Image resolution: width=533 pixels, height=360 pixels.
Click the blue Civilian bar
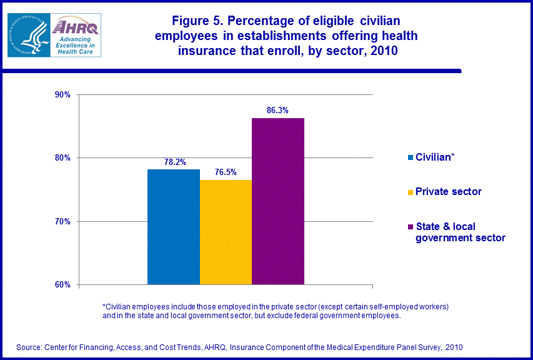coord(174,227)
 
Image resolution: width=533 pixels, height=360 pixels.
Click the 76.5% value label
coord(226,172)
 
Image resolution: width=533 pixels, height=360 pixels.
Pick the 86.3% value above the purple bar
coord(277,111)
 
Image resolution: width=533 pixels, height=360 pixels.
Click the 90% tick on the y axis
coord(63,94)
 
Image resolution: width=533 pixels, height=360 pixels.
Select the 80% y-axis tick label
coord(63,158)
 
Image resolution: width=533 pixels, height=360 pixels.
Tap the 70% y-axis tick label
coord(63,221)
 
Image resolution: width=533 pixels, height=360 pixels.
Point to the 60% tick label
coord(63,285)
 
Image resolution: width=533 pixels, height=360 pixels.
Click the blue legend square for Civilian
coord(411,157)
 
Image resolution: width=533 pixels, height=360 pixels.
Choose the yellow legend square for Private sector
coord(411,192)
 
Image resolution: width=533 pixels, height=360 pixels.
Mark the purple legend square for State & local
coord(411,227)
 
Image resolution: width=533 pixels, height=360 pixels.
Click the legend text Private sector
coord(449,192)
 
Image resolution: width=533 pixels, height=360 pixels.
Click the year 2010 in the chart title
coord(382,51)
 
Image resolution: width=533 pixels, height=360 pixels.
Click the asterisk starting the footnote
coord(104,306)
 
